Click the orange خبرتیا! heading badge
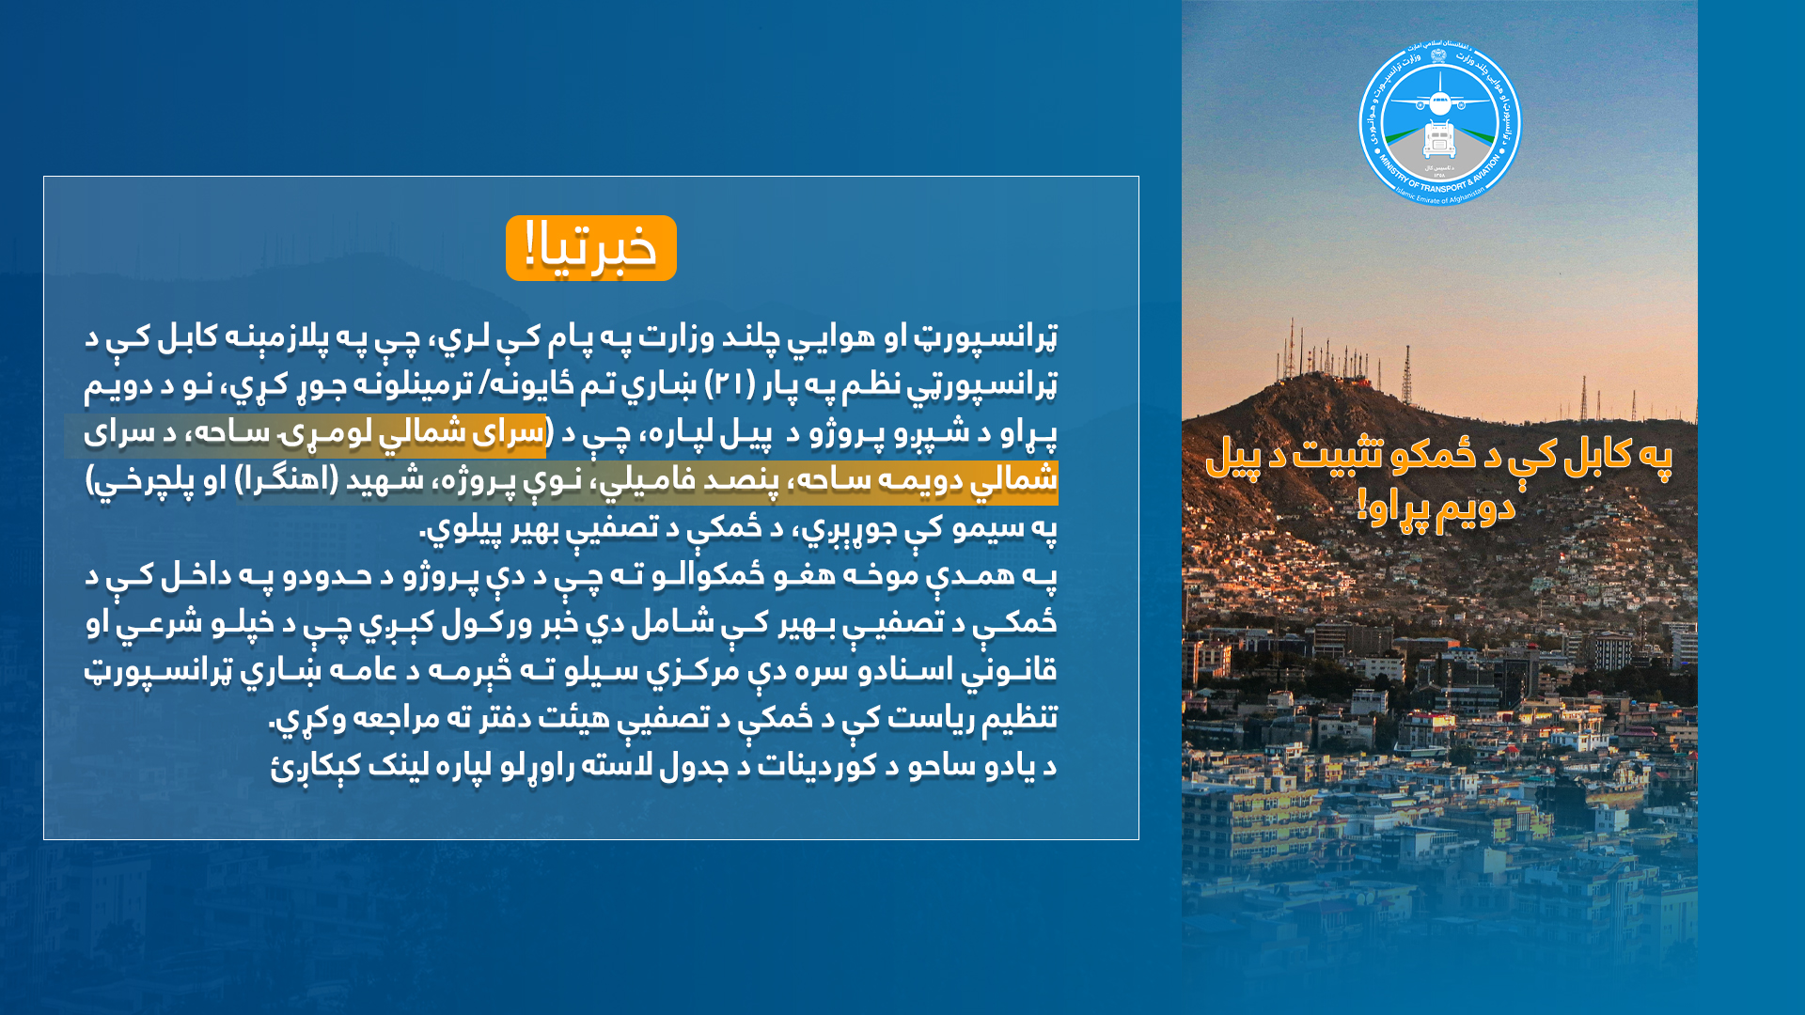click(590, 248)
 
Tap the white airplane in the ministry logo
click(1439, 101)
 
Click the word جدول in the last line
click(689, 767)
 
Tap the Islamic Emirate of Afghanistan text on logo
click(1439, 196)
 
